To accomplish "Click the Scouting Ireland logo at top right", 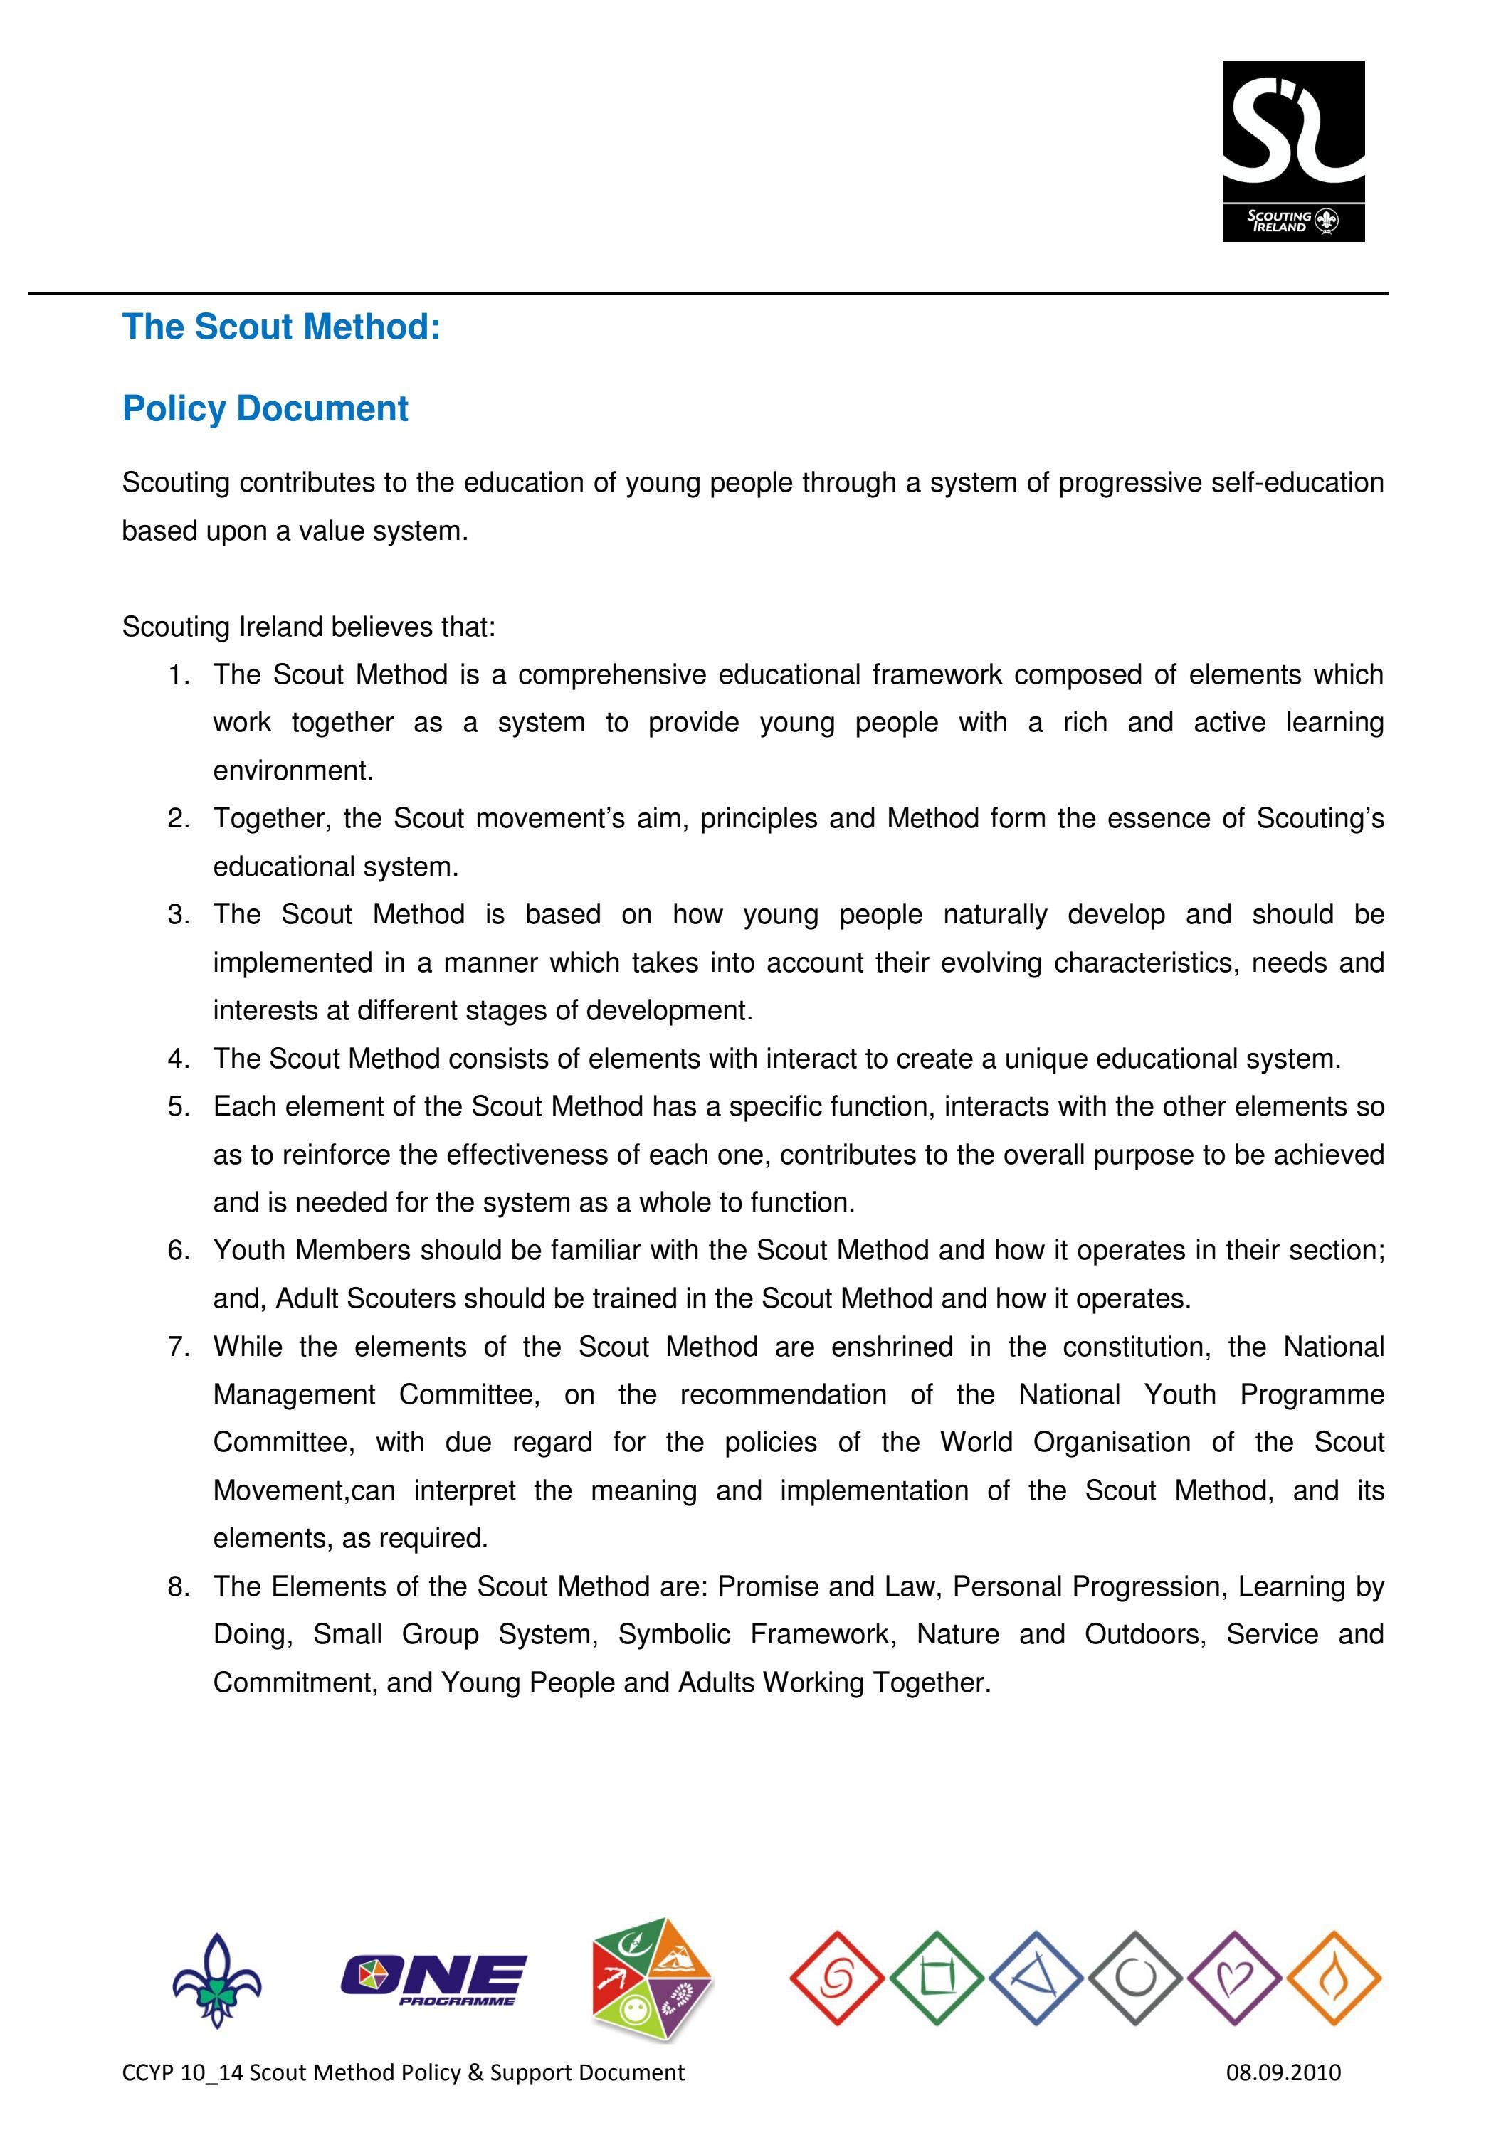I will coord(1292,152).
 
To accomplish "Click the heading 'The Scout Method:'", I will coord(281,327).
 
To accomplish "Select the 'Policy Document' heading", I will coord(265,409).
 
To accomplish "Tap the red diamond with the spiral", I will coord(837,1978).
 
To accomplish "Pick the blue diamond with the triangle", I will coord(1036,1978).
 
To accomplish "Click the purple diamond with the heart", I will coord(1234,1978).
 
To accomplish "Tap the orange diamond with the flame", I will coord(1334,1978).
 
